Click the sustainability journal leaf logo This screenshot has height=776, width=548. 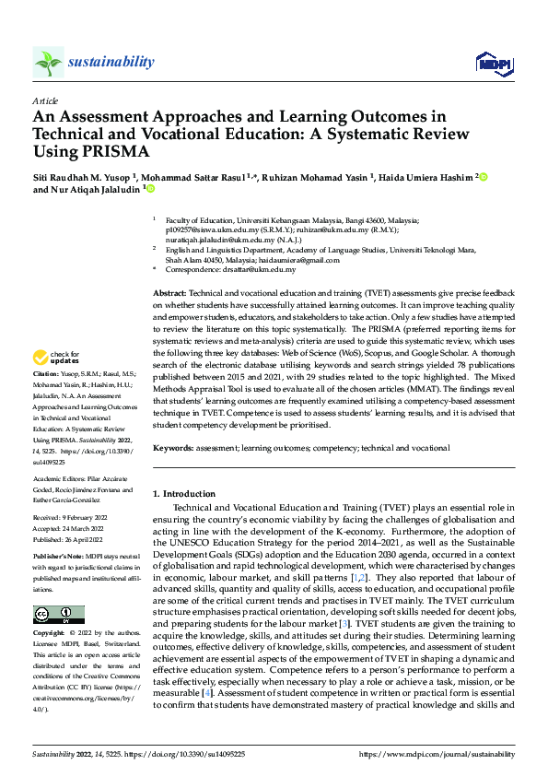point(48,62)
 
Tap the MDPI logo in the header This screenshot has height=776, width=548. point(493,62)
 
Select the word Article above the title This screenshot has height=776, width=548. point(45,100)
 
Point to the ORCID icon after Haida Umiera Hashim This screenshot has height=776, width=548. point(481,177)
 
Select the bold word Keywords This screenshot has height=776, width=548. point(173,447)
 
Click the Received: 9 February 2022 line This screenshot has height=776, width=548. point(72,519)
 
